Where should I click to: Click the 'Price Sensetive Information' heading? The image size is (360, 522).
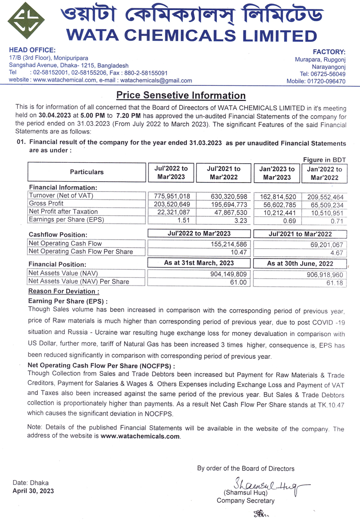point(181,95)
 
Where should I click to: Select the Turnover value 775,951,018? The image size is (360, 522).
point(166,196)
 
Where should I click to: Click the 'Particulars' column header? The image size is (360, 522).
point(86,172)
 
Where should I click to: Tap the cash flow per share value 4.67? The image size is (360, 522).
point(337,252)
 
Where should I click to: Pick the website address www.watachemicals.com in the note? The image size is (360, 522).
point(140,436)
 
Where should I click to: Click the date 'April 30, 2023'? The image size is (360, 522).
point(33,491)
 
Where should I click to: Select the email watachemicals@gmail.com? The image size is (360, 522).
point(157,80)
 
